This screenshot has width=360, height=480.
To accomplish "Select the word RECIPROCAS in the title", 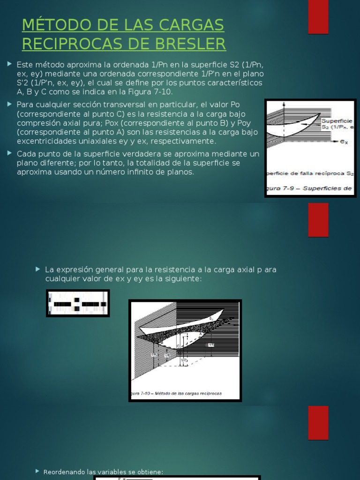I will point(73,44).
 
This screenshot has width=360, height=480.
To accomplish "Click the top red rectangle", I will point(318,17).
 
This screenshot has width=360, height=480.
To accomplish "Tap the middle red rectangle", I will point(318,220).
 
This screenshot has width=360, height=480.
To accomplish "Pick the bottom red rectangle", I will point(318,423).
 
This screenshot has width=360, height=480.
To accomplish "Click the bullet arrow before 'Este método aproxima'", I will point(10,63).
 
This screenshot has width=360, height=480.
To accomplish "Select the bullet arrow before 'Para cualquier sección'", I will point(10,103).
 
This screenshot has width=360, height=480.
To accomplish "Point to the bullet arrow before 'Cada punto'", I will point(10,153).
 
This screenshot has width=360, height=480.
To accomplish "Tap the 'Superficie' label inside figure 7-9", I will point(336,120).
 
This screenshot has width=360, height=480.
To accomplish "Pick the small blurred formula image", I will point(78,303).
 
